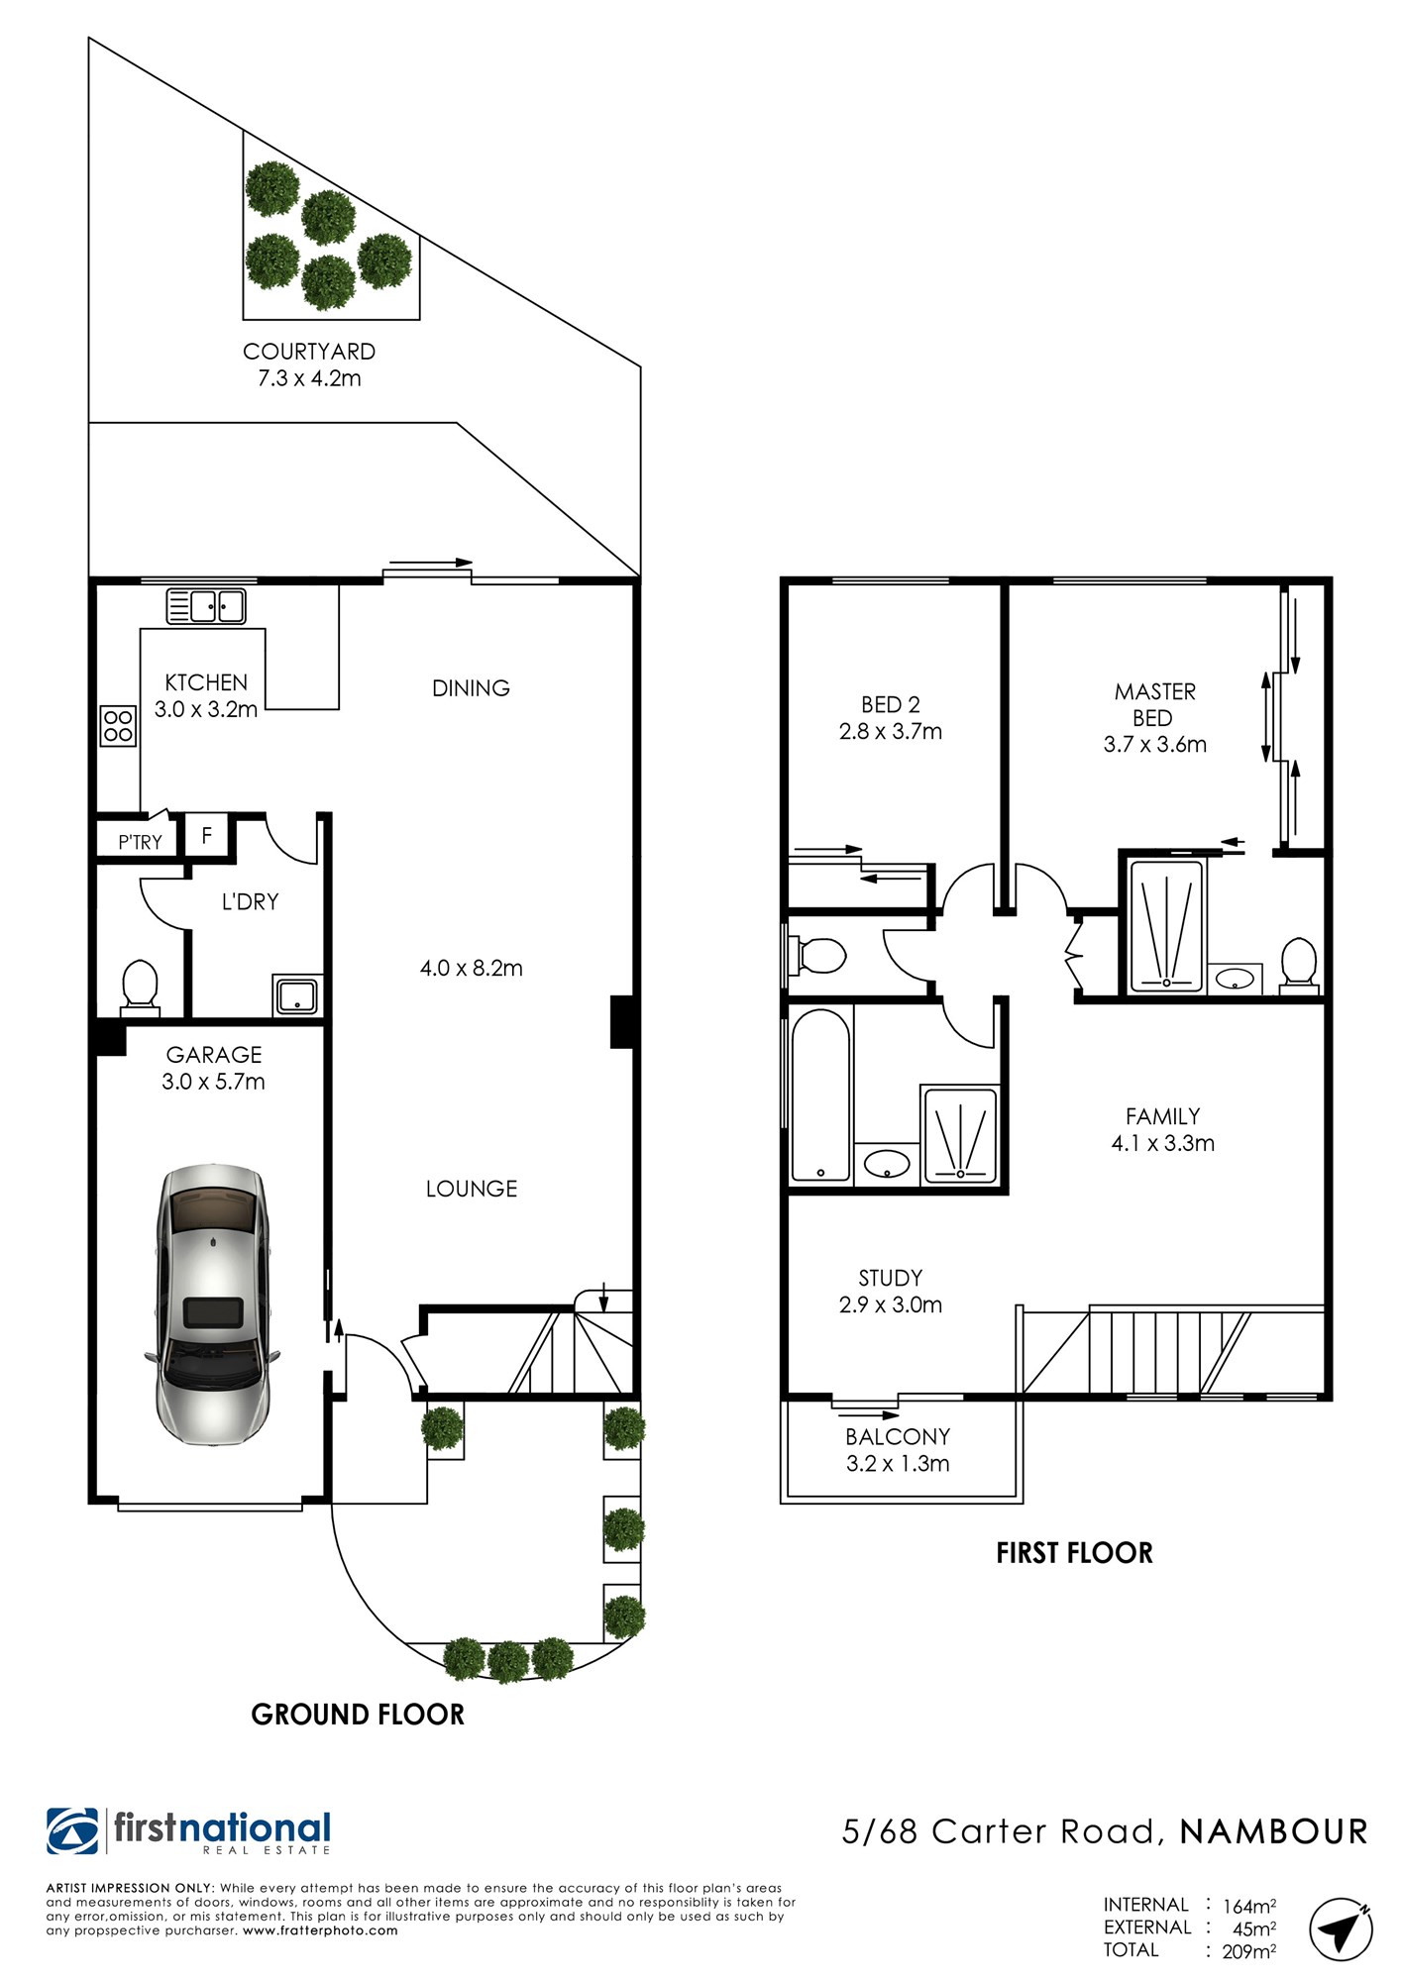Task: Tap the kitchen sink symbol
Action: pyautogui.click(x=205, y=606)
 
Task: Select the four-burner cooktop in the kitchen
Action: pyautogui.click(x=118, y=725)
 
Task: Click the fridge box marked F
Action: pyautogui.click(x=207, y=836)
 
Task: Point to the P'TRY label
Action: pyautogui.click(x=140, y=842)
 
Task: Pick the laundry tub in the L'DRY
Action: pyautogui.click(x=297, y=995)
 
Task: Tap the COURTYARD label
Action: pyautogui.click(x=309, y=352)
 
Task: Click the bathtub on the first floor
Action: pyautogui.click(x=821, y=1095)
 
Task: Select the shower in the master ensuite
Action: pyautogui.click(x=1167, y=926)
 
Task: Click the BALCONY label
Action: pyautogui.click(x=898, y=1436)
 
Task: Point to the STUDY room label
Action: pyautogui.click(x=891, y=1278)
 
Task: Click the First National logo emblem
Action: pyautogui.click(x=72, y=1831)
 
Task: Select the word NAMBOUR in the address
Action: pyautogui.click(x=1274, y=1831)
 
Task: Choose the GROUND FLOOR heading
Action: pyautogui.click(x=358, y=1715)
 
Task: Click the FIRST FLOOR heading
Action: pyautogui.click(x=1075, y=1552)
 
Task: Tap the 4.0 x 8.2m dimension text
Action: pyautogui.click(x=472, y=968)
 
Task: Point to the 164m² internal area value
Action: pyautogui.click(x=1249, y=1906)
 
